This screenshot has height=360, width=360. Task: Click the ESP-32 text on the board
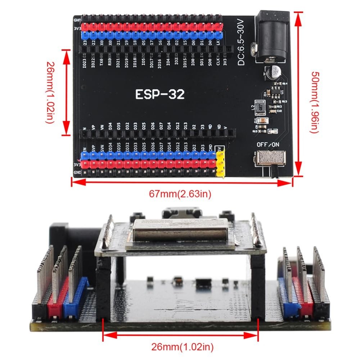(x=160, y=94)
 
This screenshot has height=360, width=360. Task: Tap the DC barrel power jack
(x=270, y=37)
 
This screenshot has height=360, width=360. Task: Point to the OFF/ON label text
(x=268, y=144)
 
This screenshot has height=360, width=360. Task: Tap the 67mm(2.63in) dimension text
(x=180, y=194)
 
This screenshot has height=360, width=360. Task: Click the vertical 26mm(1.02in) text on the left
(x=50, y=92)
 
